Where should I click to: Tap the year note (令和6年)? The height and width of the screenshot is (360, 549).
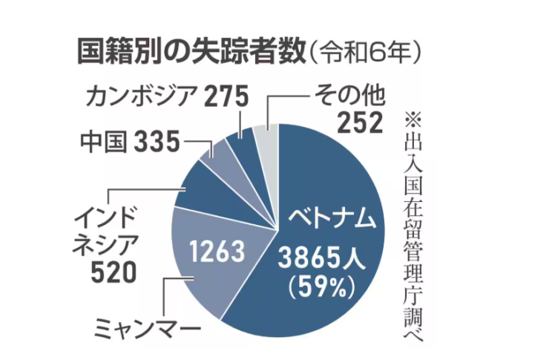(x=366, y=53)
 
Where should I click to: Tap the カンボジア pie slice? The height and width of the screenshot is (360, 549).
(x=243, y=144)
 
